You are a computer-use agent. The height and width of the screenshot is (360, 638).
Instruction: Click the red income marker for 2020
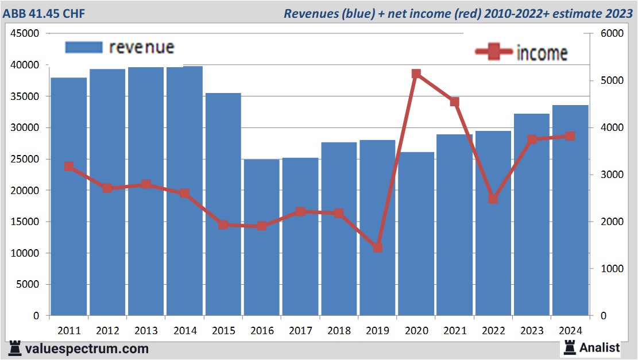point(416,73)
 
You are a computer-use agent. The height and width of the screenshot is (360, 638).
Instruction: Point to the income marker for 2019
point(377,247)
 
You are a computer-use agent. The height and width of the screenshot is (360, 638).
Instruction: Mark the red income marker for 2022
point(493,199)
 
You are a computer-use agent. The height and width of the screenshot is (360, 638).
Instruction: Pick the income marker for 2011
point(69,167)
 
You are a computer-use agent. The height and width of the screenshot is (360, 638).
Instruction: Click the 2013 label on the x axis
point(146,331)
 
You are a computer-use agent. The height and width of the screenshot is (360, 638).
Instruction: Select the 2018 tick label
point(339,331)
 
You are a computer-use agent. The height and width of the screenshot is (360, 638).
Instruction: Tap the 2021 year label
point(455,331)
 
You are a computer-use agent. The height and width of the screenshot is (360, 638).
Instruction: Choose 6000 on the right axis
point(612,33)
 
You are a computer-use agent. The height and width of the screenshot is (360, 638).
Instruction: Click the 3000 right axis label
point(612,175)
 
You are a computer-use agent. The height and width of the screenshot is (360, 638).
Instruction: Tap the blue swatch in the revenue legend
point(83,47)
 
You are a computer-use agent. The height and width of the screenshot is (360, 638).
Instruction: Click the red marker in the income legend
point(494,52)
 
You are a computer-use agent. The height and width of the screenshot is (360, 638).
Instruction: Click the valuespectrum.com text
point(86,349)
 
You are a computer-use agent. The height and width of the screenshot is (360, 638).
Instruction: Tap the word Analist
point(600,347)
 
